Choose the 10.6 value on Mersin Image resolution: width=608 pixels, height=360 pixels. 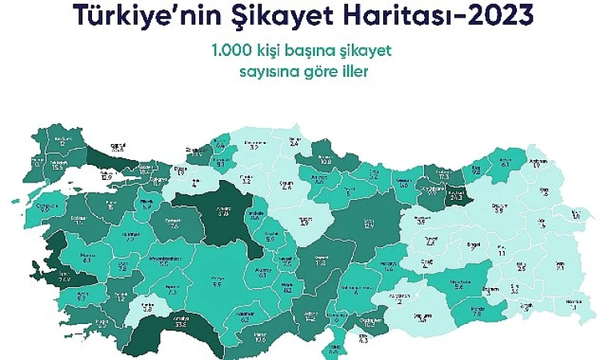(x=261, y=338)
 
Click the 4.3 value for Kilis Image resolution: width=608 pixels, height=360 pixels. (x=364, y=341)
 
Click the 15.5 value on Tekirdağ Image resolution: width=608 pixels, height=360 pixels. (x=58, y=168)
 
